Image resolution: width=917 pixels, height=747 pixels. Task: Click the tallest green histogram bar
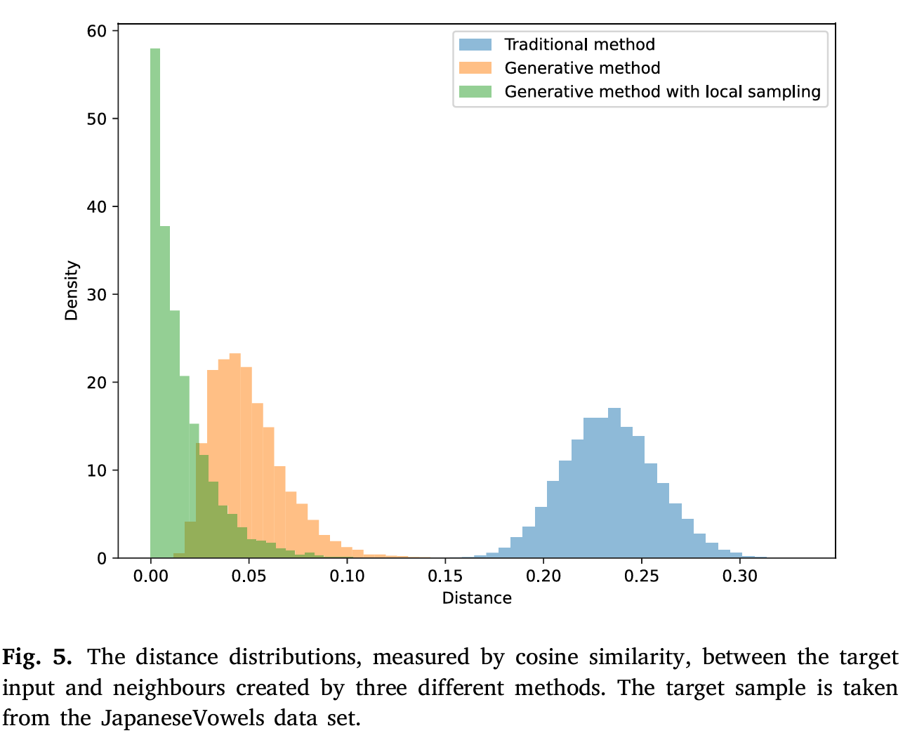[x=155, y=302]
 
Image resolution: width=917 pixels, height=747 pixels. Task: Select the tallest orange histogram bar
[x=235, y=456]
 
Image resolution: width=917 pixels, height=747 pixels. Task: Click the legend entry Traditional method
[x=579, y=44]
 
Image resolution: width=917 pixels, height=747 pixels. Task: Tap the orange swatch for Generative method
[x=475, y=68]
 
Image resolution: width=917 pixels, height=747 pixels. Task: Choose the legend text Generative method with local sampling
[x=662, y=92]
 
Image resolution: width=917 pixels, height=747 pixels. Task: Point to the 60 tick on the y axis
[x=98, y=31]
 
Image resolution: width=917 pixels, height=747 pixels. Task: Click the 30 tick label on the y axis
[x=98, y=295]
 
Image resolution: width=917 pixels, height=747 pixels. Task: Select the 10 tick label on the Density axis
[x=98, y=470]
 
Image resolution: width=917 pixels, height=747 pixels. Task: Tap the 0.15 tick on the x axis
[x=445, y=576]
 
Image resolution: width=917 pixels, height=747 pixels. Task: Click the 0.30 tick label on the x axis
[x=740, y=576]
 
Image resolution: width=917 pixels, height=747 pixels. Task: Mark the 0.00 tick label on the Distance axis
[x=151, y=576]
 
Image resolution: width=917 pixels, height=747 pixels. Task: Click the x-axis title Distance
[x=477, y=598]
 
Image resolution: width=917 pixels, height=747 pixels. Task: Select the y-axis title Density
[x=72, y=291]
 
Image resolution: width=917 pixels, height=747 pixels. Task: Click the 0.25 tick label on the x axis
[x=642, y=576]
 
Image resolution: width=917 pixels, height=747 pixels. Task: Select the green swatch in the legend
[x=475, y=92]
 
